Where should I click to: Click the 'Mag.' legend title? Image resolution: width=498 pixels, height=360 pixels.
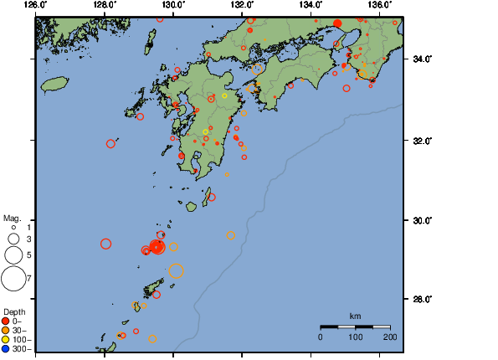(x=11, y=218)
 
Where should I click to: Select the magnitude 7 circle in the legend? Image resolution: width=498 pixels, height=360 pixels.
(x=13, y=278)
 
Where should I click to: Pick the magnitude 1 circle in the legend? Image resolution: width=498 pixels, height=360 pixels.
(x=13, y=227)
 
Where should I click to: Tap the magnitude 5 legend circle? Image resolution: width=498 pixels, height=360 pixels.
(x=13, y=254)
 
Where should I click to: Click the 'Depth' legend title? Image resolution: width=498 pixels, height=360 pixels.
(x=13, y=312)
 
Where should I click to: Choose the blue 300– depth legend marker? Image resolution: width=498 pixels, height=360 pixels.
(x=7, y=348)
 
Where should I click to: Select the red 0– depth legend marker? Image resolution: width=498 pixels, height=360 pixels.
(x=7, y=321)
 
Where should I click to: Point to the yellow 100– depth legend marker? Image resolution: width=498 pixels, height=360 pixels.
(x=7, y=339)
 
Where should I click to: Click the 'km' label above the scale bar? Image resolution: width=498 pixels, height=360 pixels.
(x=355, y=316)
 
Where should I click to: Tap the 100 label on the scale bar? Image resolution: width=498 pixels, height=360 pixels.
(x=356, y=337)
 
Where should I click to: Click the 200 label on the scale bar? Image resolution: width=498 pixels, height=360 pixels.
(x=390, y=337)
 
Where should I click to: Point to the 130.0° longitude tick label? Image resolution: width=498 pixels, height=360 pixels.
(x=173, y=5)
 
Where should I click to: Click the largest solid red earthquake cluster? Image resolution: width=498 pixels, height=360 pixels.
(x=157, y=246)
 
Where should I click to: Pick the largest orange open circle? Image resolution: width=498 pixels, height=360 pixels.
(x=176, y=270)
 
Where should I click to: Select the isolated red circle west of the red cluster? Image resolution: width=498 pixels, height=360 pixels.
(x=106, y=244)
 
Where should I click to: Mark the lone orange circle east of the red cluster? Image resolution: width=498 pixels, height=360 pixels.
(x=231, y=235)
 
